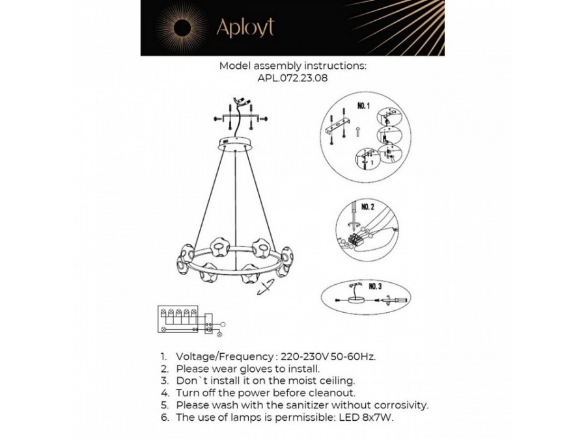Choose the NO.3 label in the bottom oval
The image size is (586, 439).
point(375,286)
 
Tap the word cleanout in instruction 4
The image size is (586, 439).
point(332,393)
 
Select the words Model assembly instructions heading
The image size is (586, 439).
point(293,66)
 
